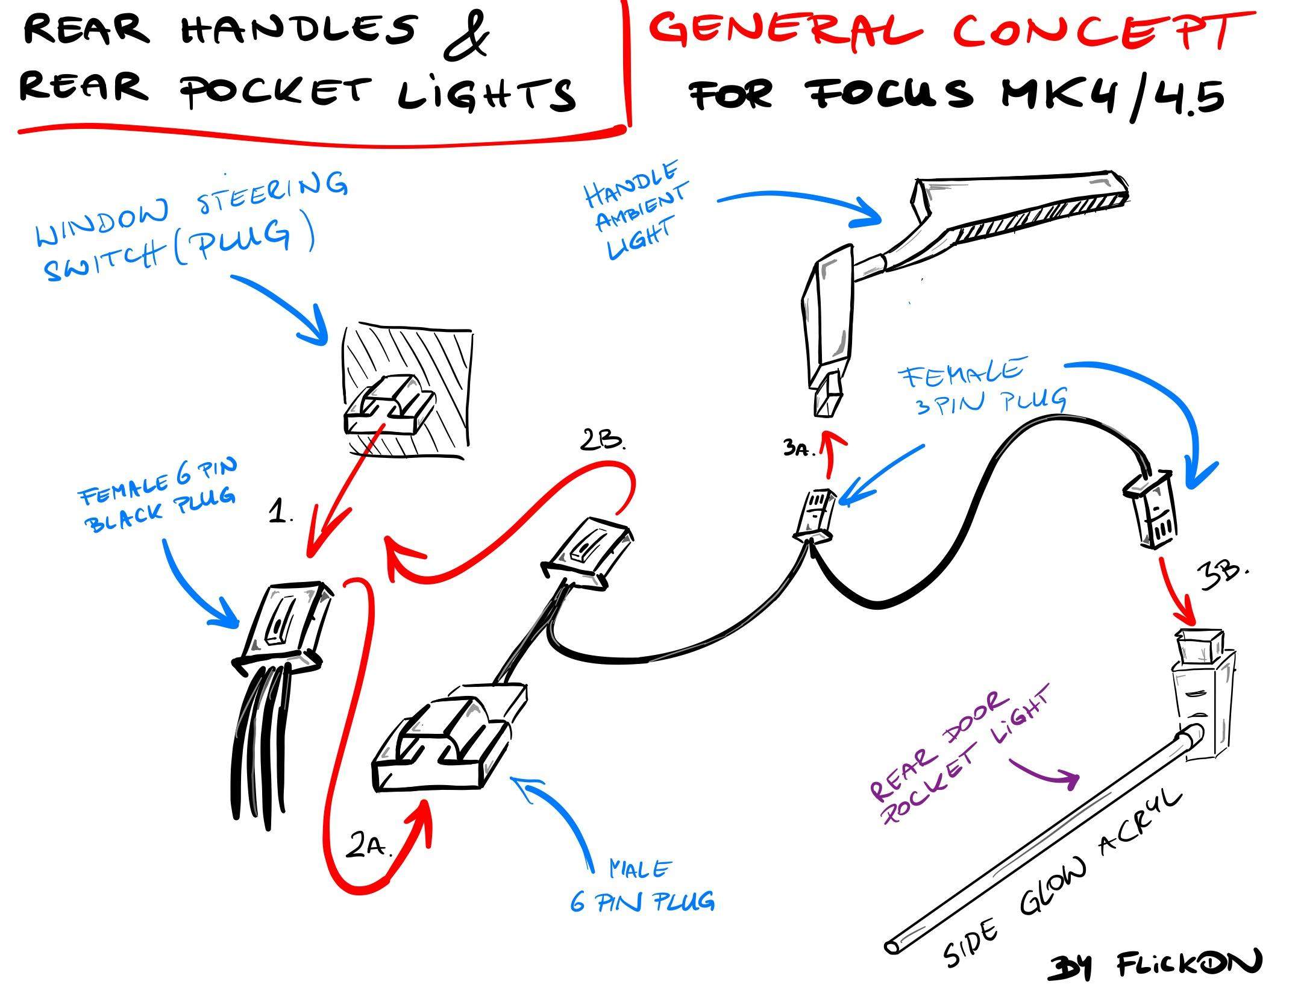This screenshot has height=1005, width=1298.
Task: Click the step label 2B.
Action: [603, 442]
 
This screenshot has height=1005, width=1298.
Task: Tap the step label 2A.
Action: [369, 848]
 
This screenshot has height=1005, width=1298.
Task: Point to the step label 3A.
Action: [799, 449]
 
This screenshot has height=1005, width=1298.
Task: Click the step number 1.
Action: [281, 513]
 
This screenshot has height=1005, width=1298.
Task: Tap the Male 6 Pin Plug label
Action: [642, 886]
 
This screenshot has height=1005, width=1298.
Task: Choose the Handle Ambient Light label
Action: [636, 210]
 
